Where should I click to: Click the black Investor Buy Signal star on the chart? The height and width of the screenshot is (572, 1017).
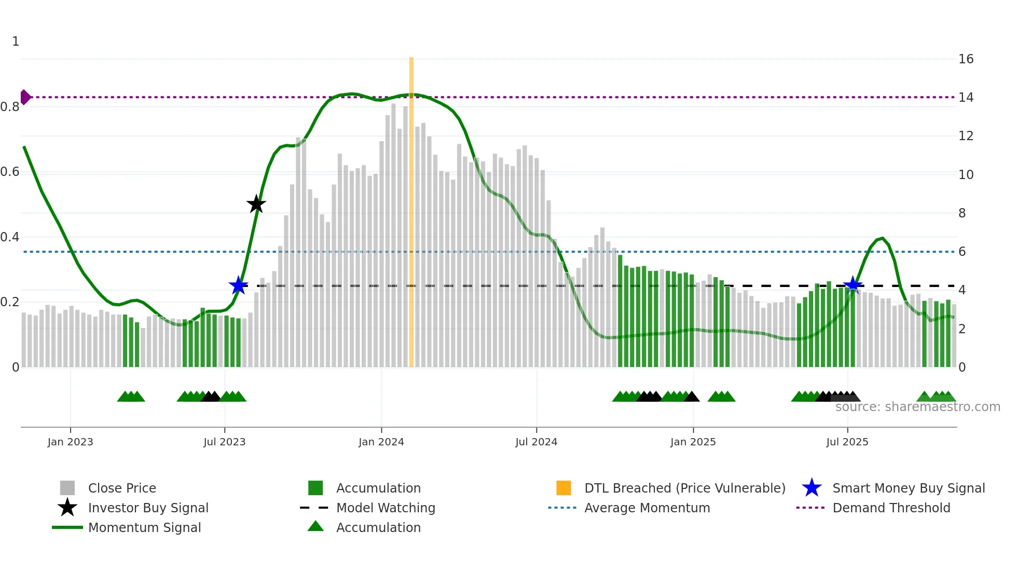[256, 204]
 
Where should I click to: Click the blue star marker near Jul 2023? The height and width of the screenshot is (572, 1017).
[238, 285]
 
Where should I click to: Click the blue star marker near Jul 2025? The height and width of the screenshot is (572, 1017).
[853, 285]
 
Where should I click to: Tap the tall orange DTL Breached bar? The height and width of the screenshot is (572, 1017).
[411, 208]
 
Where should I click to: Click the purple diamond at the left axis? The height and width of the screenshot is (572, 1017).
[25, 97]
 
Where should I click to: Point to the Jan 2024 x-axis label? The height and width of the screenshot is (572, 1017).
[381, 442]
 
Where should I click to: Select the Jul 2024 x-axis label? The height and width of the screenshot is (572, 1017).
[536, 442]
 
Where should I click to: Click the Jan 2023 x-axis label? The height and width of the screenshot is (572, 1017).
[70, 442]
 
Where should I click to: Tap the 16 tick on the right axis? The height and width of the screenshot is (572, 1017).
[966, 59]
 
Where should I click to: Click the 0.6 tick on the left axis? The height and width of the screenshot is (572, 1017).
[10, 172]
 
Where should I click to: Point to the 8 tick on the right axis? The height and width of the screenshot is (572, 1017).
[962, 213]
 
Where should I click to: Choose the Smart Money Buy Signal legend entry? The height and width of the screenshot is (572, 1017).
[908, 488]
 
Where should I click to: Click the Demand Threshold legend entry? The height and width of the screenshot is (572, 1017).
[891, 508]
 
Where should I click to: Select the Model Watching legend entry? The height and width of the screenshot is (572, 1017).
[385, 508]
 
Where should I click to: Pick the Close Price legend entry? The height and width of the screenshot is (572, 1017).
[121, 488]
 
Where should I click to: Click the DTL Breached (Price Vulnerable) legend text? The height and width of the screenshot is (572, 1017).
[684, 488]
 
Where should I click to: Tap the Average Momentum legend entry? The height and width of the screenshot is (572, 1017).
[647, 508]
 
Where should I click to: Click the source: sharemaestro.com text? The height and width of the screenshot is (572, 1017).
[917, 407]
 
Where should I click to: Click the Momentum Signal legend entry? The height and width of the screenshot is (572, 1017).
[144, 527]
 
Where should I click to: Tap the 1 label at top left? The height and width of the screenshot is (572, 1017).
[16, 42]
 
